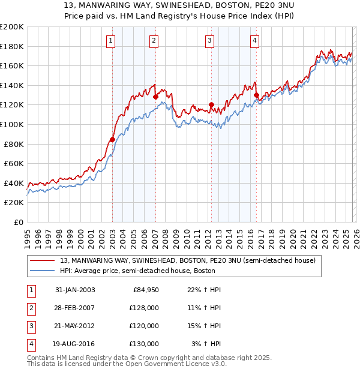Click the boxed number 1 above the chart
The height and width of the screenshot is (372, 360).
(112, 40)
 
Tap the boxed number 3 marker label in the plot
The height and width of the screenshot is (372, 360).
(210, 40)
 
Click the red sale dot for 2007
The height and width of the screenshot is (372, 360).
(155, 97)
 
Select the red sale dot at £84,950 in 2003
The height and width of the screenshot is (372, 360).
(112, 139)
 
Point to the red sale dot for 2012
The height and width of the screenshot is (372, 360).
(211, 104)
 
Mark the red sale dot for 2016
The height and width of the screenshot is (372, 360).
(256, 95)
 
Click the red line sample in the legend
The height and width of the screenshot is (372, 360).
(43, 260)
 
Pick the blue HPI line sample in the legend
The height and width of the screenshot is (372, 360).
(43, 271)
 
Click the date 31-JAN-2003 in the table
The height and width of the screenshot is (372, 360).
(74, 290)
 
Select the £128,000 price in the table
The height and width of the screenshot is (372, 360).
(143, 308)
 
